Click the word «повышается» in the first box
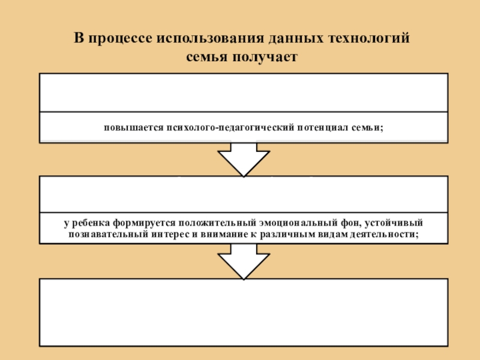click(126, 128)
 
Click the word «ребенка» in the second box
click(88, 224)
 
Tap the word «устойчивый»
click(396, 224)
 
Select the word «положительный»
click(204, 224)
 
